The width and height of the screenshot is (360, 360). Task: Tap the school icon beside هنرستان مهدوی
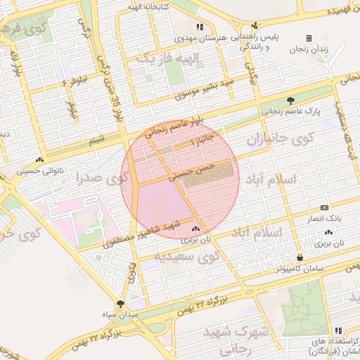200,27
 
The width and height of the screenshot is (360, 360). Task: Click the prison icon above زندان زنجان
309,38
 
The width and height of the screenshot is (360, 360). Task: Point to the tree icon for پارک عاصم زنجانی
290,101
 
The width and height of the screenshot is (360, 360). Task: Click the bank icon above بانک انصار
323,207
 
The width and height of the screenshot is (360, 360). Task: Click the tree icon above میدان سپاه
120,304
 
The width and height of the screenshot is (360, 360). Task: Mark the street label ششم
96,140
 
